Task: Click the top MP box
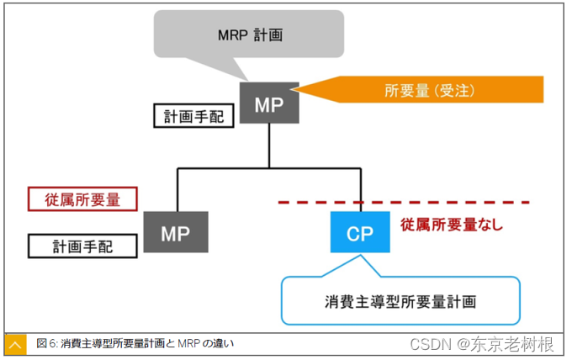click(x=269, y=103)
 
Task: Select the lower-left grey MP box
click(x=175, y=231)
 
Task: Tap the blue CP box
click(x=360, y=232)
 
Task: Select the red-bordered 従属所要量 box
click(x=82, y=199)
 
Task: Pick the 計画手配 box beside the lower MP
click(x=82, y=246)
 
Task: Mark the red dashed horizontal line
click(x=404, y=203)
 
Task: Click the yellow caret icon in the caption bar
click(x=15, y=344)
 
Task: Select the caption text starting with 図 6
click(x=135, y=343)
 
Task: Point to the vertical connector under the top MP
click(x=268, y=146)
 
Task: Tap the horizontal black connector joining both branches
click(x=268, y=169)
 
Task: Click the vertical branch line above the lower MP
click(x=178, y=190)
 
